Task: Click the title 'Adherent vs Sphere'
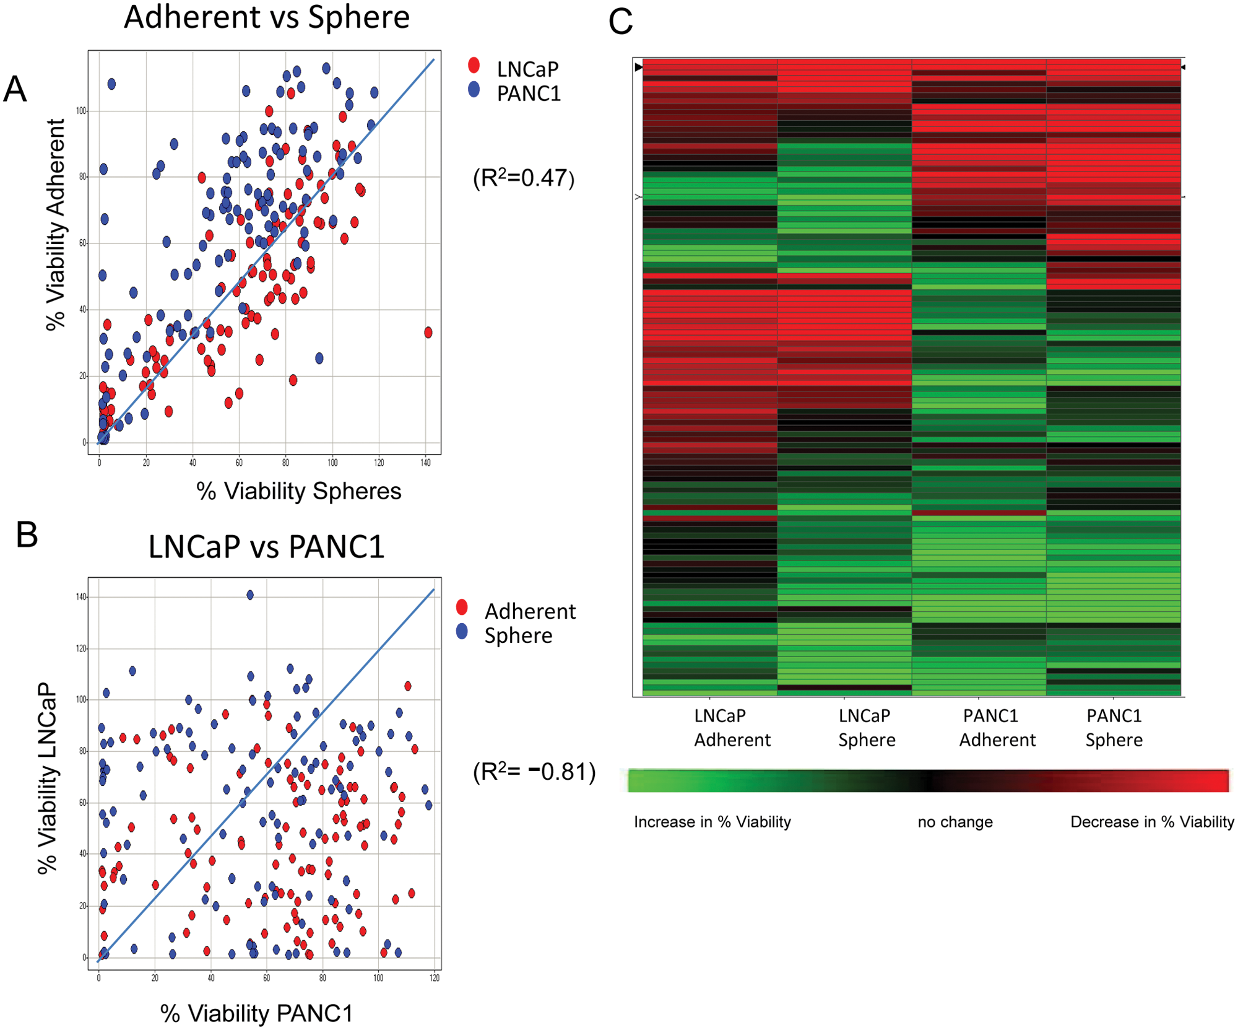267,17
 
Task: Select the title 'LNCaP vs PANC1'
267,546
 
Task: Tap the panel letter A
15,89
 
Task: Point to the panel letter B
27,535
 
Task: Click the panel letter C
620,22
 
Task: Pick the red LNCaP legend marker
474,65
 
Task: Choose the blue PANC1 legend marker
474,89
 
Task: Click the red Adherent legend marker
462,607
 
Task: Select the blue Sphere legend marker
462,632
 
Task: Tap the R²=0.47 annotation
524,178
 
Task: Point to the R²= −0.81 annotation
534,772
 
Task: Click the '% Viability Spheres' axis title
299,491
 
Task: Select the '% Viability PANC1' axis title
256,1013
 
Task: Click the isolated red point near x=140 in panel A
428,333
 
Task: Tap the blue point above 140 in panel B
250,595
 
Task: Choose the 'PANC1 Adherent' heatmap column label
997,728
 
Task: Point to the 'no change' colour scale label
955,822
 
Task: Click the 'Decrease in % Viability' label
1152,823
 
